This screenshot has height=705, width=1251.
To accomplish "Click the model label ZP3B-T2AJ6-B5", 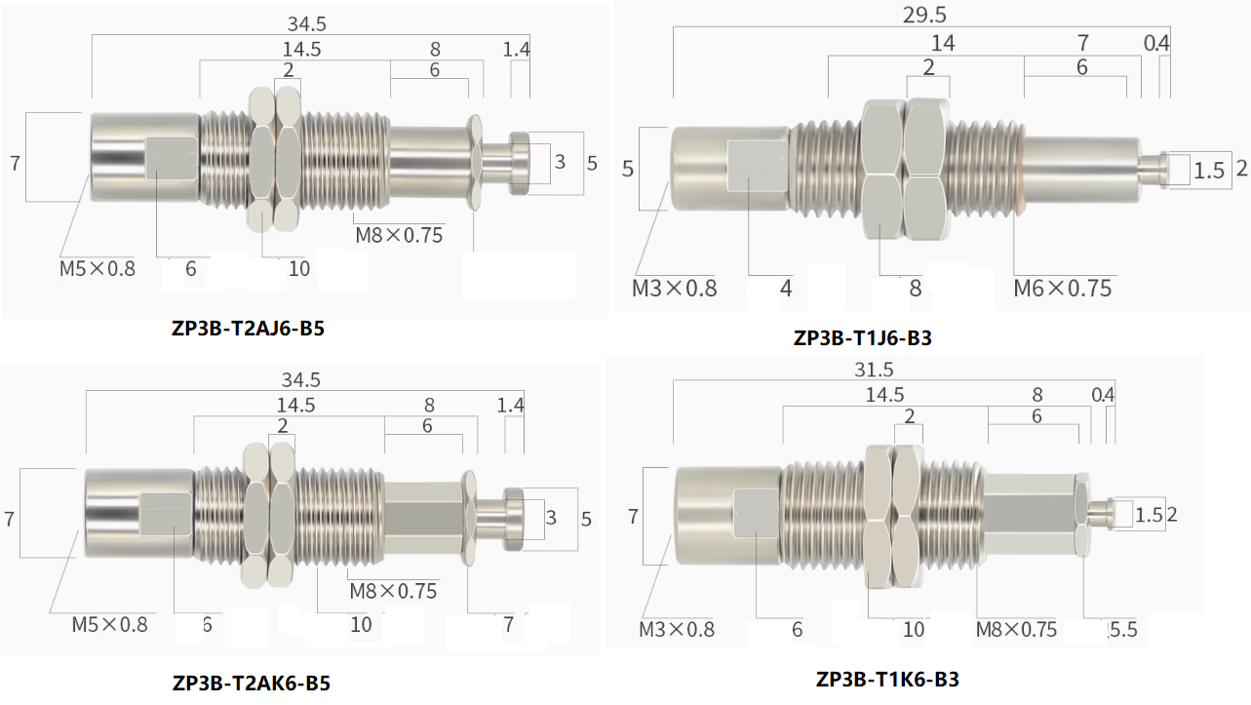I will [x=247, y=329].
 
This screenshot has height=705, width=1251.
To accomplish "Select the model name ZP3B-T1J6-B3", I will [x=863, y=338].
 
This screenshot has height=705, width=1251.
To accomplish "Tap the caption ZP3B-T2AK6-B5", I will [x=251, y=683].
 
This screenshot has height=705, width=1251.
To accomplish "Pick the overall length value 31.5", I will [x=873, y=371].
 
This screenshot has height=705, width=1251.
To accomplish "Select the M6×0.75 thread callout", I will [x=1062, y=288].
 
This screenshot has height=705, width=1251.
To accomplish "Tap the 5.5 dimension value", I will [x=1122, y=629].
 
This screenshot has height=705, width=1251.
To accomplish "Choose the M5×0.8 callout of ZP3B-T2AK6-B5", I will [x=109, y=624].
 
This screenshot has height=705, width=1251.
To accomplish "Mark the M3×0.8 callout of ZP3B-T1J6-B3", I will [x=674, y=288].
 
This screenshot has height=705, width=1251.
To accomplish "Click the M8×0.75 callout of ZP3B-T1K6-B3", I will [x=1016, y=629].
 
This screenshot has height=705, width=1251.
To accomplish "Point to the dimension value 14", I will [x=942, y=42].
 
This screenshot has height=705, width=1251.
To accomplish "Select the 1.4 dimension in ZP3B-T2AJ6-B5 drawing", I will [x=517, y=49].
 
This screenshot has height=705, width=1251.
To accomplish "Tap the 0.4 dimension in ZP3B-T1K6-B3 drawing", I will [x=1103, y=395].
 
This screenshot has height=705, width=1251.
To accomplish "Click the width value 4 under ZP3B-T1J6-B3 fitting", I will [x=785, y=288].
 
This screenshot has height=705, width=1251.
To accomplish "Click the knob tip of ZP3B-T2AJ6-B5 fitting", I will [x=519, y=156].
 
